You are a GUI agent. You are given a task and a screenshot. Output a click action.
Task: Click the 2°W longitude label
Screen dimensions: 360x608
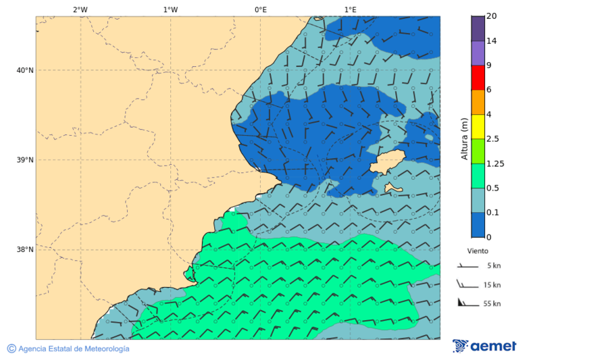click(80, 9)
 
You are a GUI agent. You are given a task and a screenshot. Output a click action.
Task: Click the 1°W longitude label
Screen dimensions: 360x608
click(170, 9)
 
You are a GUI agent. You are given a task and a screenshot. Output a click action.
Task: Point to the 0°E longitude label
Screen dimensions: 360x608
click(260, 9)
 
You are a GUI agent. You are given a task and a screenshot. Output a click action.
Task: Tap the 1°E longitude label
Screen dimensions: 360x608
click(350, 9)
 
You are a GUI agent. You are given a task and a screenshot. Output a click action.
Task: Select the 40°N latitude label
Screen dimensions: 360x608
click(25, 70)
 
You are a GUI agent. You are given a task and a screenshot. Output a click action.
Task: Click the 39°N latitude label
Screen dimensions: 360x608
click(25, 160)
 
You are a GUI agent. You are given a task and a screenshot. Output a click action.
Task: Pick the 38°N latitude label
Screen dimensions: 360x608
click(25, 250)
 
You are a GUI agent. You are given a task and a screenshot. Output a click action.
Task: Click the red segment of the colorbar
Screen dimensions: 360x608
click(478, 78)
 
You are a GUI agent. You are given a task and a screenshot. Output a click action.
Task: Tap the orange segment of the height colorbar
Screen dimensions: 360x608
click(478, 102)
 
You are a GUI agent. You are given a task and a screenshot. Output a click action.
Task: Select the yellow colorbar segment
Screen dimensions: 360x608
click(478, 126)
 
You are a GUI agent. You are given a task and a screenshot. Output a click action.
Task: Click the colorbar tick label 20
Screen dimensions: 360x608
click(491, 16)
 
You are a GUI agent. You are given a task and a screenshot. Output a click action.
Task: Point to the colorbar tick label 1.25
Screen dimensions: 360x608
click(496, 163)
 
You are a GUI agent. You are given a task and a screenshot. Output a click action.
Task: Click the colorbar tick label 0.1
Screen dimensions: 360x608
click(493, 213)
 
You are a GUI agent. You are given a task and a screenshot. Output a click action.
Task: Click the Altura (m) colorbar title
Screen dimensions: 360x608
click(464, 138)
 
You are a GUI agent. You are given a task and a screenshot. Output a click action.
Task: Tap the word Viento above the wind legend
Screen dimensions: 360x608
click(478, 251)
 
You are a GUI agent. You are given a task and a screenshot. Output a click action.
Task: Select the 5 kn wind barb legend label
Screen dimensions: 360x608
click(492, 265)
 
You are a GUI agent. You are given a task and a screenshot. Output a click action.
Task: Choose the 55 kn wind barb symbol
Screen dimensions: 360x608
click(465, 303)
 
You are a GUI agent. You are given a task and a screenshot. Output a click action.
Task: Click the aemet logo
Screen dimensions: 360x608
click(484, 346)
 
